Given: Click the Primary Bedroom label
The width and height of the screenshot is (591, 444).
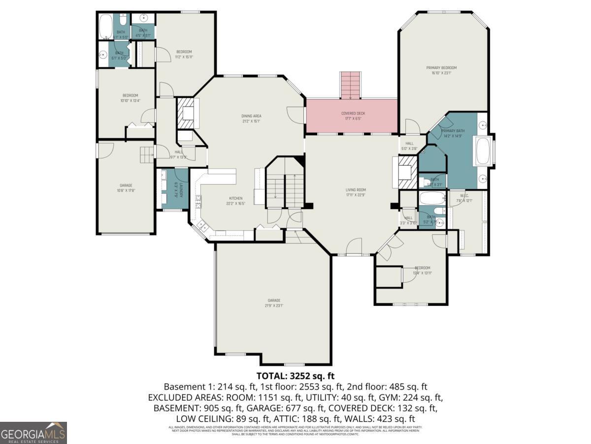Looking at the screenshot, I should point(441,68).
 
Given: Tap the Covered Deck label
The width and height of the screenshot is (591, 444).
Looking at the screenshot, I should point(353,113).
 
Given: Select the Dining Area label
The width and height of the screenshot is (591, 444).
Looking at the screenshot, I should point(251,116).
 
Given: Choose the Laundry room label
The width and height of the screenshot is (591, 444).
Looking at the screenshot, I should point(181,190).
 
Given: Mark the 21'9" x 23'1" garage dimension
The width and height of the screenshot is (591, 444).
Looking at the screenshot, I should point(274,305).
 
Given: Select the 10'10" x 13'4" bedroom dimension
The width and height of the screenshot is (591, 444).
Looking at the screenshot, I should point(130,101).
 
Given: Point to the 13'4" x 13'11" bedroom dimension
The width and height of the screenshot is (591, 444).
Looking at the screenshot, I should point(422,273).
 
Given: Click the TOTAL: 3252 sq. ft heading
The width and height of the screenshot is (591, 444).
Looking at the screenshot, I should point(295,376).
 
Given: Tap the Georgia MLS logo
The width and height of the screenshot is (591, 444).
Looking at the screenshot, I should point(33,433).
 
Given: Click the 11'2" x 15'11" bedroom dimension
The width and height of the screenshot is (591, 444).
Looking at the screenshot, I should point(184,57).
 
